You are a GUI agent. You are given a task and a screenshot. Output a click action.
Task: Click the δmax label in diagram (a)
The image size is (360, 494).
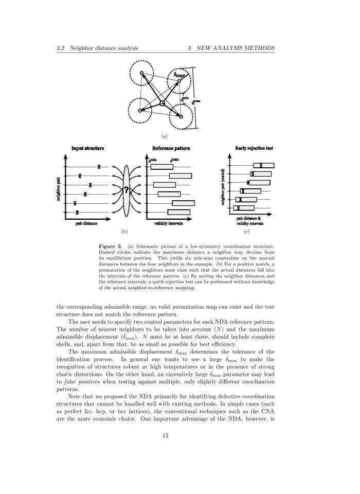tap(179, 75)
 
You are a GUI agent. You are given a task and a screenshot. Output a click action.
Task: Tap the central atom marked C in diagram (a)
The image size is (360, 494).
tap(162, 103)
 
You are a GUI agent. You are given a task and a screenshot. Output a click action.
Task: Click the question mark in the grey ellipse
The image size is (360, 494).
tap(127, 191)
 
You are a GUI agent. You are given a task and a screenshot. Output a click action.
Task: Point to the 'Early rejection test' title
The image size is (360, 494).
tap(254, 148)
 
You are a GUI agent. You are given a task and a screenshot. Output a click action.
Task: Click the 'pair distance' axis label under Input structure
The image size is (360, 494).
tap(87, 223)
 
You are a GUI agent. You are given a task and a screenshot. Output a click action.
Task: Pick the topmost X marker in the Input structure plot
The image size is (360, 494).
tap(99, 167)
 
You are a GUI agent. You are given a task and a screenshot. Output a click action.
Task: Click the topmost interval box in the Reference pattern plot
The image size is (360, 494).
tap(161, 167)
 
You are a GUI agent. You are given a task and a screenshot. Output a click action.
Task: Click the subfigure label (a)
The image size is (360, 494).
tap(165, 136)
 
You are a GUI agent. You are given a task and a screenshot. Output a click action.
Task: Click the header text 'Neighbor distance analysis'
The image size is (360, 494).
tap(103, 48)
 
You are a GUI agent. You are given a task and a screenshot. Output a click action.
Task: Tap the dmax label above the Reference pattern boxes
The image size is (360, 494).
tap(175, 161)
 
